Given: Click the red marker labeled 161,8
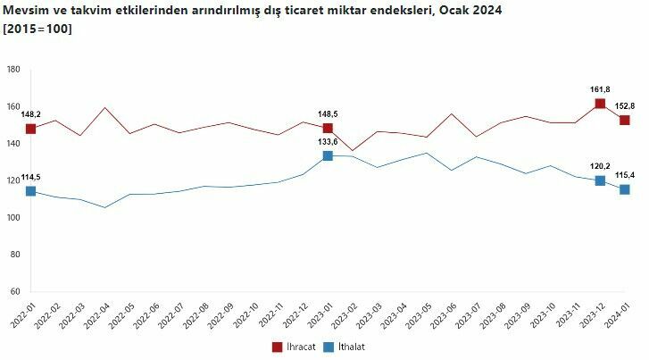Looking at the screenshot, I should pyautogui.click(x=600, y=105).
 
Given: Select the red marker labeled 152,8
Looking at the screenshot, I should pyautogui.click(x=625, y=121).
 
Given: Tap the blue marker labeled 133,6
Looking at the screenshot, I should pyautogui.click(x=328, y=155).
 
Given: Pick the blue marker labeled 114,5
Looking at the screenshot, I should pyautogui.click(x=30, y=191).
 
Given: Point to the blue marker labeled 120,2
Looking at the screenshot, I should pyautogui.click(x=600, y=180).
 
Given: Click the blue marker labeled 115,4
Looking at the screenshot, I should pyautogui.click(x=625, y=189).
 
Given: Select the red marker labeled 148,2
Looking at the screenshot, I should pyautogui.click(x=30, y=129).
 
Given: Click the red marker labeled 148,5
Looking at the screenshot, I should pyautogui.click(x=328, y=129).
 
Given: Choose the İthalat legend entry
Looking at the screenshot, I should pyautogui.click(x=349, y=347).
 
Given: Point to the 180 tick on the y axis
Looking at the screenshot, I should pyautogui.click(x=13, y=70).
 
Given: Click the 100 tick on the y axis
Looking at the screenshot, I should pyautogui.click(x=13, y=217).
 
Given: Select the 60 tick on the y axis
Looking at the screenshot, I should pyautogui.click(x=15, y=291).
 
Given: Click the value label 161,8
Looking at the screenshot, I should pyautogui.click(x=600, y=89).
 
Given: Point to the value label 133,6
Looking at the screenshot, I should pyautogui.click(x=328, y=141).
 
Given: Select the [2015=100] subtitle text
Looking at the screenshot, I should pyautogui.click(x=38, y=29).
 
